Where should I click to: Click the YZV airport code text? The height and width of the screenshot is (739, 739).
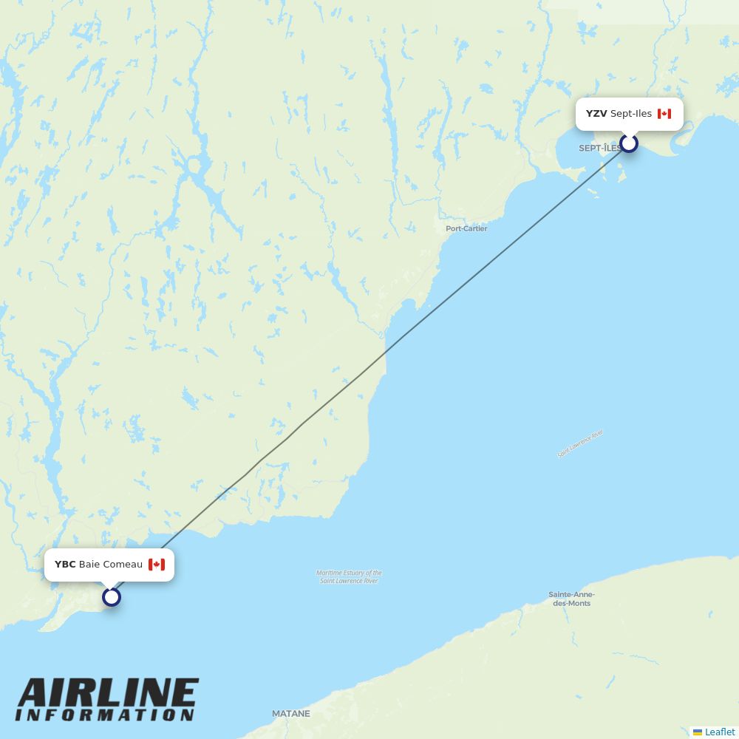click(596, 114)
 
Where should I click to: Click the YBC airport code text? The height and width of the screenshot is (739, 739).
click(65, 565)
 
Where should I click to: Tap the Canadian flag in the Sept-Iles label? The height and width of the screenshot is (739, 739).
click(664, 114)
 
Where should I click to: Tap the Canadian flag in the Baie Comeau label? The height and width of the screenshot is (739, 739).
click(156, 565)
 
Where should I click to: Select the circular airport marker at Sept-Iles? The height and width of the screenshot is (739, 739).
click(629, 143)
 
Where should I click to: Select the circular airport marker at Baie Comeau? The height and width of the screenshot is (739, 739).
click(111, 596)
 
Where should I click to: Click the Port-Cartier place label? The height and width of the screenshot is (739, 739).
click(466, 228)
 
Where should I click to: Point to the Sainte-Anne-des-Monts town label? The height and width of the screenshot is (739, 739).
click(571, 599)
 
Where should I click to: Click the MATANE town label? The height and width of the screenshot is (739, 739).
click(291, 714)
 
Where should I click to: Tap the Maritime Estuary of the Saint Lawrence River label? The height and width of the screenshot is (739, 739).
click(350, 576)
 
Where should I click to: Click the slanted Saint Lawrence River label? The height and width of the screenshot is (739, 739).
click(580, 443)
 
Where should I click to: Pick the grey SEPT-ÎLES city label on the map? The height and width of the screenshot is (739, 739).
click(599, 149)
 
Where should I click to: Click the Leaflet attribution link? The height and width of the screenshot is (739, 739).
click(719, 732)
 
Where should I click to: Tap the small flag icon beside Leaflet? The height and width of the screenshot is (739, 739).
click(698, 732)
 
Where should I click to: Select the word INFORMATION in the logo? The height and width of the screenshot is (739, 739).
click(105, 715)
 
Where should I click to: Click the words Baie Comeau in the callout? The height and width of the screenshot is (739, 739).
click(111, 565)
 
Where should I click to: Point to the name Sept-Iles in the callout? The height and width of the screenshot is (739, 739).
click(631, 114)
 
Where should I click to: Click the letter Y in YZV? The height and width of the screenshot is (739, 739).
click(590, 114)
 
